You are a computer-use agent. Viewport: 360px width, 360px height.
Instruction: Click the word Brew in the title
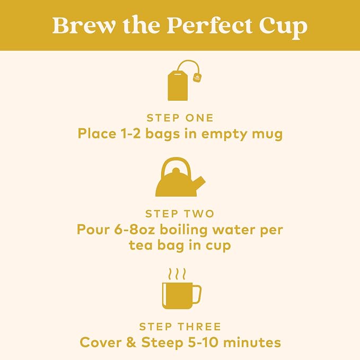84,25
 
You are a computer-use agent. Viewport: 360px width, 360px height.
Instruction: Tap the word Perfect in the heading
209,25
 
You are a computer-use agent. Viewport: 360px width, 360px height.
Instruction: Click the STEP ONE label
180,118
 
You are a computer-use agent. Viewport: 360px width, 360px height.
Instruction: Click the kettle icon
180,177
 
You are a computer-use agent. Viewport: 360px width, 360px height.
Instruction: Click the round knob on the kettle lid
176,171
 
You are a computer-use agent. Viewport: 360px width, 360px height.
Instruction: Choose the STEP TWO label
180,214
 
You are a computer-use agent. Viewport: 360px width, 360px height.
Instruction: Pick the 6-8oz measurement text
134,230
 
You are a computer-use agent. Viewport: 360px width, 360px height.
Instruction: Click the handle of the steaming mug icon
197,294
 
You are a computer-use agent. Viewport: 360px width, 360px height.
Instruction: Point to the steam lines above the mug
177,274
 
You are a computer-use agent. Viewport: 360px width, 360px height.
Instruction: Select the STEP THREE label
180,327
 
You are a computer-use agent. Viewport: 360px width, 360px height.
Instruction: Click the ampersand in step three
131,343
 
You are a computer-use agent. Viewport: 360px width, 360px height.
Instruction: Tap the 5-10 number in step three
203,343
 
